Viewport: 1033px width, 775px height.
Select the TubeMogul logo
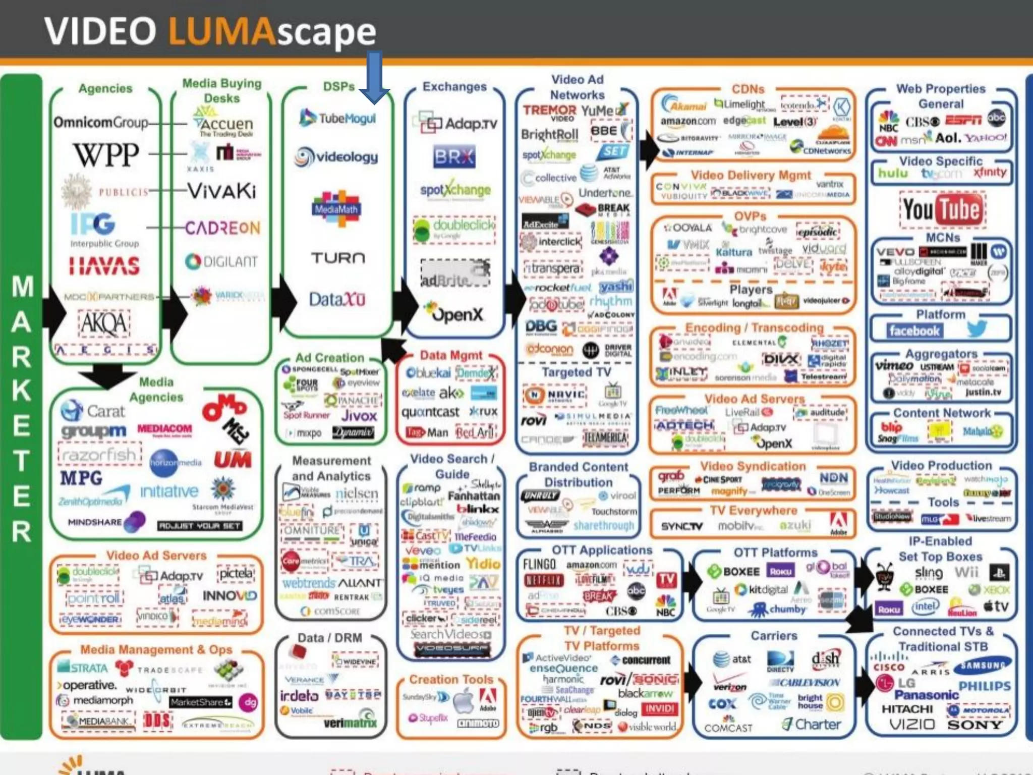tap(337, 118)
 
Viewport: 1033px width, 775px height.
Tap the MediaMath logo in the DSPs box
tap(336, 207)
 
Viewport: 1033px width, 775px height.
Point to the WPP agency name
tap(106, 154)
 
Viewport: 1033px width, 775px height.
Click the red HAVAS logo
tap(104, 266)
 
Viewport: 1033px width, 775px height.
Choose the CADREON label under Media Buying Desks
tap(222, 228)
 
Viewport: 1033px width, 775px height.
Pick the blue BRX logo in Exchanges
tap(454, 157)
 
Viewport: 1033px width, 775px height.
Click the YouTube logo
tap(941, 209)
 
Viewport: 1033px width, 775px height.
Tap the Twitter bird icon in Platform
tap(977, 329)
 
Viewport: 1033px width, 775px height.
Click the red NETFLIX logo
tap(543, 581)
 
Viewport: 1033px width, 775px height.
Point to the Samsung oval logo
tap(982, 666)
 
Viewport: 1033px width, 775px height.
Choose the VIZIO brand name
tap(912, 725)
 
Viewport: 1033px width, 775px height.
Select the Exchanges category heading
tap(454, 87)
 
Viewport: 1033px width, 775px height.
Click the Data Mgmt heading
tap(451, 356)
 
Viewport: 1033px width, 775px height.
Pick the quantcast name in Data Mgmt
tap(430, 412)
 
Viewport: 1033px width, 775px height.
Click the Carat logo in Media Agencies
tap(93, 411)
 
